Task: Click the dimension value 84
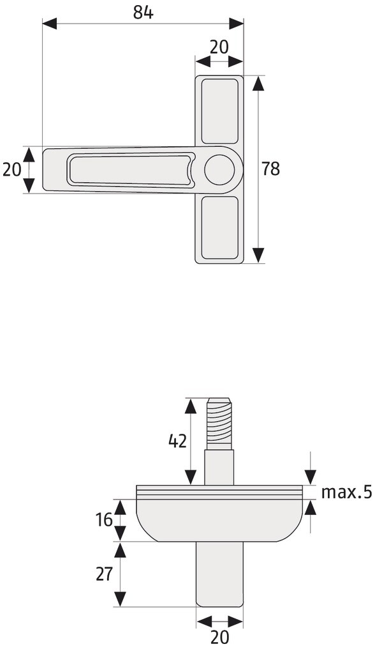143,13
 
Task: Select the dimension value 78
271,169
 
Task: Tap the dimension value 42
178,441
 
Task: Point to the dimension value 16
103,519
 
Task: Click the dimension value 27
104,574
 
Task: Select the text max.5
347,492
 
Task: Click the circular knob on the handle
219,170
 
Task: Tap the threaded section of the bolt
219,423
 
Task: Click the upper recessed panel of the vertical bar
219,111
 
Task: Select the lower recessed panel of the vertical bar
219,227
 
